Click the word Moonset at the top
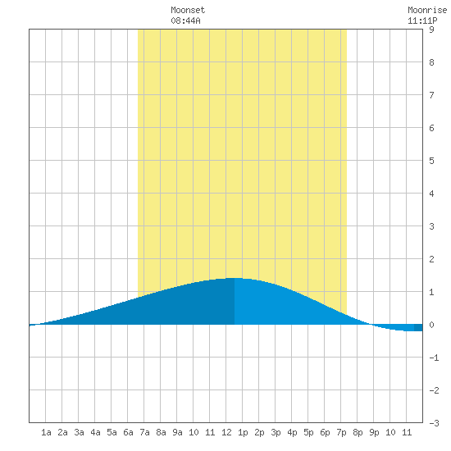pyautogui.click(x=188, y=10)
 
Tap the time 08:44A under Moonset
pyautogui.click(x=185, y=20)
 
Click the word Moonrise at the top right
pyautogui.click(x=427, y=10)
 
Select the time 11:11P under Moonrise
pyautogui.click(x=422, y=20)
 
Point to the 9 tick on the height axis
pyautogui.click(x=431, y=30)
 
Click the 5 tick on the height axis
pyautogui.click(x=431, y=161)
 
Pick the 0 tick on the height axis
pyautogui.click(x=431, y=325)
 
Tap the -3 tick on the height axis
pyautogui.click(x=434, y=423)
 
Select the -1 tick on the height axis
pyautogui.click(x=434, y=358)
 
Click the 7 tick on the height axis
pyautogui.click(x=431, y=95)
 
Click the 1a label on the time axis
pyautogui.click(x=46, y=432)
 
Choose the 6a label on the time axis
pyautogui.click(x=128, y=432)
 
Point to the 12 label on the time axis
pyautogui.click(x=226, y=432)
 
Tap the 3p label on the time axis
pyautogui.click(x=276, y=432)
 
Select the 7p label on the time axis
pyautogui.click(x=341, y=432)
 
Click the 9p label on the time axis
pyautogui.click(x=374, y=432)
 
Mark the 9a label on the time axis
pyautogui.click(x=177, y=432)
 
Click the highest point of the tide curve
pyautogui.click(x=235, y=278)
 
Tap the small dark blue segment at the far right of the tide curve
pyautogui.click(x=418, y=328)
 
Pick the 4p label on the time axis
pyautogui.click(x=292, y=432)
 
